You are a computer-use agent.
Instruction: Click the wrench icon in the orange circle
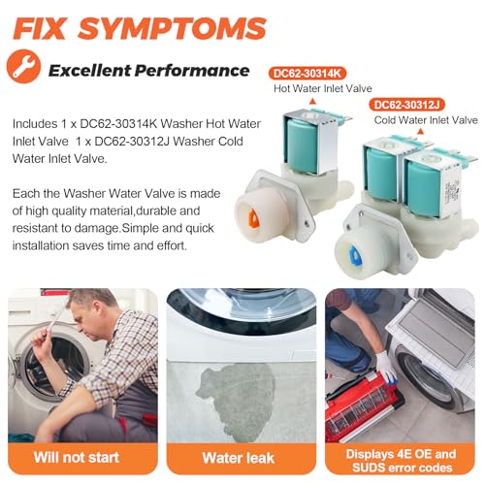23,66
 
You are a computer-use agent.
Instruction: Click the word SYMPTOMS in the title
172,28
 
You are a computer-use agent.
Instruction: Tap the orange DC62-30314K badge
307,74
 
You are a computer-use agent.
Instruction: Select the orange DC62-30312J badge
407,105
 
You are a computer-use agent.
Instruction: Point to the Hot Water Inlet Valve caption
323,88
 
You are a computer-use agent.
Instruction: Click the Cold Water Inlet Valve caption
426,120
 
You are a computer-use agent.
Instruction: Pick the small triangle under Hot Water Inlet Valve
312,102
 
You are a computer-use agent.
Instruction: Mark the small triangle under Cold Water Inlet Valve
420,131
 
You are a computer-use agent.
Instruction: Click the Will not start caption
77,458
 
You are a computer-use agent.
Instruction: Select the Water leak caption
239,458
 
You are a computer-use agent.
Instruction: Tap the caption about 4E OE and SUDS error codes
402,461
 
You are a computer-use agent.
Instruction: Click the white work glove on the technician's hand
386,367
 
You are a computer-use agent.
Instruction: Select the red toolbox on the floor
361,407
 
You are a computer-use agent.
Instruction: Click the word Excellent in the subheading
89,71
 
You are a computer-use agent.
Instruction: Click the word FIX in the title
39,28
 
